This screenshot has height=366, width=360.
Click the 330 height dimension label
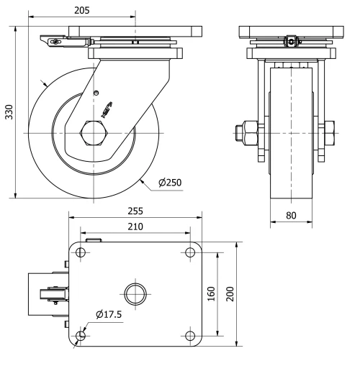pyautogui.click(x=8, y=112)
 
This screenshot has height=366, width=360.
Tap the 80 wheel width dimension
pyautogui.click(x=292, y=214)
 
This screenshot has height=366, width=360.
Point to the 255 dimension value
pyautogui.click(x=135, y=211)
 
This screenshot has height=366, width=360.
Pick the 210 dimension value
pyautogui.click(x=135, y=227)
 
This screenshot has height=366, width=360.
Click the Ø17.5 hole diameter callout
pyautogui.click(x=109, y=314)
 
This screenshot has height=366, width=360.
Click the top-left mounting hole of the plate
pyautogui.click(x=80, y=252)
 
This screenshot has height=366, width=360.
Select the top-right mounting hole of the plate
pyautogui.click(x=190, y=252)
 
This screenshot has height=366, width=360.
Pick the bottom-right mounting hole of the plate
pyautogui.click(x=190, y=336)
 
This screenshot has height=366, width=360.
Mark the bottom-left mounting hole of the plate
pyautogui.click(x=80, y=336)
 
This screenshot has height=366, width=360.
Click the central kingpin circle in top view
pyautogui.click(x=135, y=294)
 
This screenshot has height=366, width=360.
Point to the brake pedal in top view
pyautogui.click(x=45, y=294)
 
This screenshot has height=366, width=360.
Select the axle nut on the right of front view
pyautogui.click(x=331, y=133)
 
